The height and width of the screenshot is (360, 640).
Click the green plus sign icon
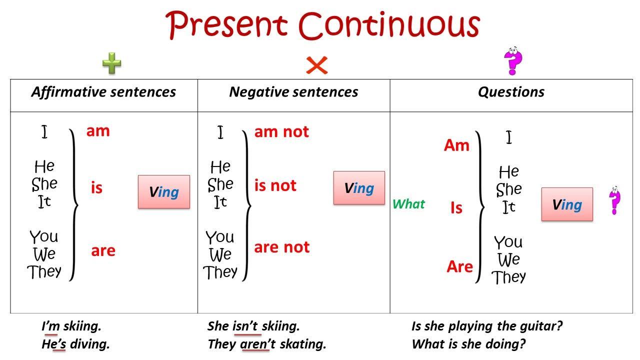click(111, 63)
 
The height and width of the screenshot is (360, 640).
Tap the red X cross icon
click(316, 65)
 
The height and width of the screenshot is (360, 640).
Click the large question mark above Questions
click(513, 60)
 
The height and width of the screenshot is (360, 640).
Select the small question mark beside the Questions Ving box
click(614, 200)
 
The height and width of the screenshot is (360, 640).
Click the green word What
click(408, 204)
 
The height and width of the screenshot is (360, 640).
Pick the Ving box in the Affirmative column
click(163, 191)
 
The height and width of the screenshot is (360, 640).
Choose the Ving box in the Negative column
click(359, 187)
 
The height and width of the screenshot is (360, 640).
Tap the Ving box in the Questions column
click(567, 204)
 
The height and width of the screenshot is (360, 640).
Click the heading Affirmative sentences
click(103, 92)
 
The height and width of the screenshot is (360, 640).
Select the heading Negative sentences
click(293, 92)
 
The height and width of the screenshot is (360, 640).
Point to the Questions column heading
click(511, 92)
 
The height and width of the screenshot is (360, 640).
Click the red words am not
click(281, 131)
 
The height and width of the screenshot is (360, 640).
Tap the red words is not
click(275, 185)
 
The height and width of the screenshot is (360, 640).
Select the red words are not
click(281, 247)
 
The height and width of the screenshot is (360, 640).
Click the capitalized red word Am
click(456, 145)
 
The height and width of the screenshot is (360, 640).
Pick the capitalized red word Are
click(459, 266)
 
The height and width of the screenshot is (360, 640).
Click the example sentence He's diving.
click(75, 344)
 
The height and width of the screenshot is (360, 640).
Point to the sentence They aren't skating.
click(267, 344)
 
